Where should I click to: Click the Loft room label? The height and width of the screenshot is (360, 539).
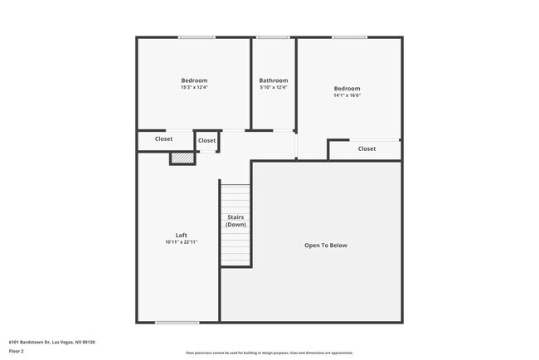click(x=181, y=235)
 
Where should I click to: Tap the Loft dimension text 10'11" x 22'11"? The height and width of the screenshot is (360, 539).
click(x=181, y=242)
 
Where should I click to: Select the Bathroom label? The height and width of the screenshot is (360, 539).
click(x=274, y=80)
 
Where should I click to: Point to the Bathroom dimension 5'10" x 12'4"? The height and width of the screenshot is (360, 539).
click(x=274, y=87)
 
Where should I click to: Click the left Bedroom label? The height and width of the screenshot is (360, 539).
click(x=194, y=80)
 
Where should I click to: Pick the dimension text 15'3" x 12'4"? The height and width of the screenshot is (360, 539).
click(x=194, y=87)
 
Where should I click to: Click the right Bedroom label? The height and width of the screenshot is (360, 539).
click(x=347, y=89)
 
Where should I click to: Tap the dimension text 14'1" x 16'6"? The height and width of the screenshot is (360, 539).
click(x=347, y=95)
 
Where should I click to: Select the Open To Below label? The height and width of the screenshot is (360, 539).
click(x=326, y=245)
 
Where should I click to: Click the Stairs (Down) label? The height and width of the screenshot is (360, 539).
click(x=236, y=221)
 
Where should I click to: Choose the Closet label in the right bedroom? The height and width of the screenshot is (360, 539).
click(x=367, y=148)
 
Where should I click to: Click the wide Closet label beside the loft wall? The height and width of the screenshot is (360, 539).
click(x=164, y=139)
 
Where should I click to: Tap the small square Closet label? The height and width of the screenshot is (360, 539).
click(x=206, y=140)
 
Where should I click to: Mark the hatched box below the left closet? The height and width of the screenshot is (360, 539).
click(x=182, y=158)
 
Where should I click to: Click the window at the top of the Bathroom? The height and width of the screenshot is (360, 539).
click(x=273, y=37)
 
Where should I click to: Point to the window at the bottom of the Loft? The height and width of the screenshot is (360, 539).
click(x=177, y=322)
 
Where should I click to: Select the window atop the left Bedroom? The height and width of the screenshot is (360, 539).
click(x=197, y=37)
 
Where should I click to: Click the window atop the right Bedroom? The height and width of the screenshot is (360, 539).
click(x=350, y=37)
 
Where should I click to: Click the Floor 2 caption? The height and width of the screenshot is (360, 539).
click(x=17, y=351)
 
